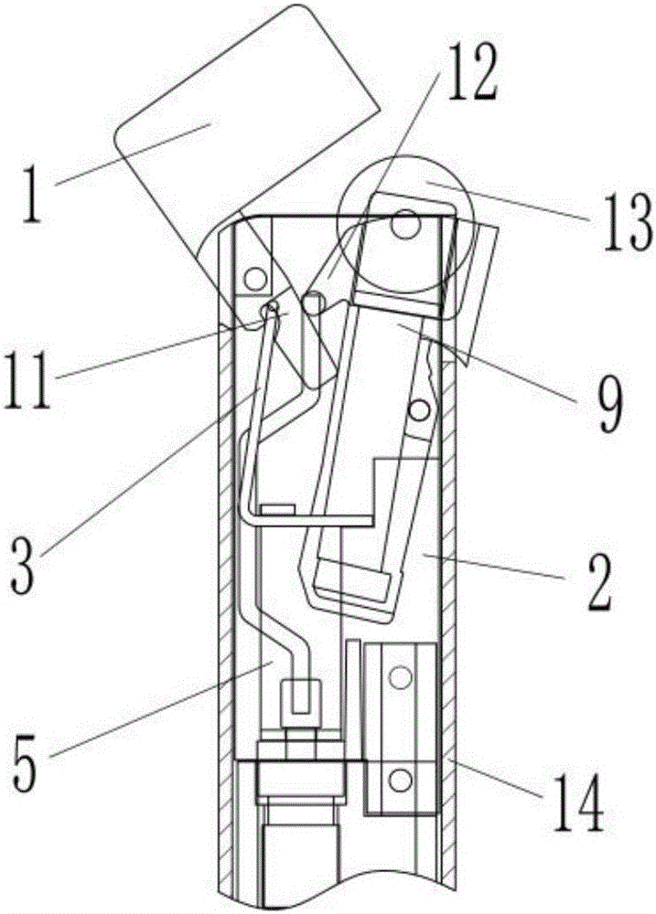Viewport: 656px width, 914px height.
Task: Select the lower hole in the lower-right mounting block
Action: click(x=399, y=780)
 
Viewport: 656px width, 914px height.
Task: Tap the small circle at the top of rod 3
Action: click(x=270, y=312)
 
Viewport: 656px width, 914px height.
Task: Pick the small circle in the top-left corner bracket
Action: click(x=253, y=275)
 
